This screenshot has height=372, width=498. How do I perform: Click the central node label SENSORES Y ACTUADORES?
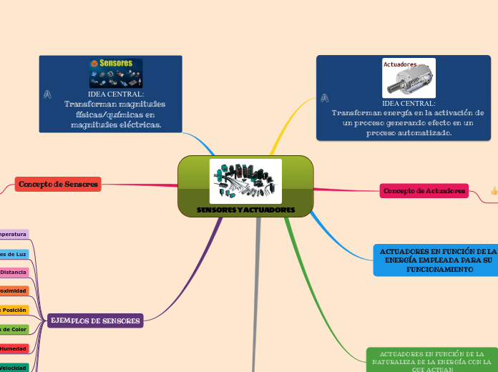pyautogui.click(x=245, y=210)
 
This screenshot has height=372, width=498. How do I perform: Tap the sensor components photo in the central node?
pyautogui.click(x=245, y=180)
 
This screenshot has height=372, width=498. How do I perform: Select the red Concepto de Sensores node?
pyautogui.click(x=58, y=185)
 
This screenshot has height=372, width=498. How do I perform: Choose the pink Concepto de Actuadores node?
pyautogui.click(x=424, y=191)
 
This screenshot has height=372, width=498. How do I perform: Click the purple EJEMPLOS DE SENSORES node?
pyautogui.click(x=95, y=320)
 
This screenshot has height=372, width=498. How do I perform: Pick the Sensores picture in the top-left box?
pyautogui.click(x=115, y=74)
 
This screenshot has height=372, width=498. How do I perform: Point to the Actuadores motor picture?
pyautogui.click(x=410, y=77)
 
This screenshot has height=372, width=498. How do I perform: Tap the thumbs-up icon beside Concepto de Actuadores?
pyautogui.click(x=494, y=191)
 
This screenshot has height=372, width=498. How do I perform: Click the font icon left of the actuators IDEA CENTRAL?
pyautogui.click(x=325, y=97)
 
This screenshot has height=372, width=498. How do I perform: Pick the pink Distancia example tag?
pyautogui.click(x=14, y=273)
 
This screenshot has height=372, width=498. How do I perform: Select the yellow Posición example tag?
pyautogui.click(x=14, y=310)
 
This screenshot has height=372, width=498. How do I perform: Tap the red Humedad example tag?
pyautogui.click(x=14, y=348)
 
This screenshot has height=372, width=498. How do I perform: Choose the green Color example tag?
pyautogui.click(x=14, y=329)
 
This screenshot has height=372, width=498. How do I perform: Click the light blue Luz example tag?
pyautogui.click(x=14, y=254)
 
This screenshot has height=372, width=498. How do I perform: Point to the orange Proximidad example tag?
pyautogui.click(x=14, y=291)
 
